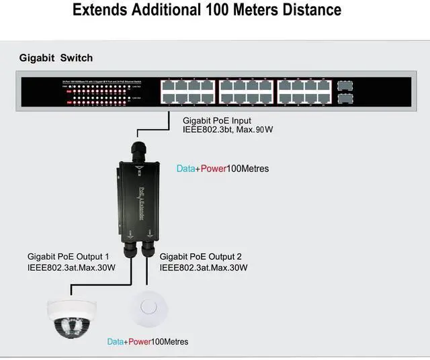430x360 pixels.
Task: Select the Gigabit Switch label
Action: tap(56, 58)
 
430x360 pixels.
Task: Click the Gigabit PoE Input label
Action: tap(217, 121)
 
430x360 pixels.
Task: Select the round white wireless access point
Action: tap(149, 310)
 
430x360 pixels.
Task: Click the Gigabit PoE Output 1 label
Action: tap(68, 257)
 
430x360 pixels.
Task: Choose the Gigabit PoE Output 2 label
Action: tap(201, 257)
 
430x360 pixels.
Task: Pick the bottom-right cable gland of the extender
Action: tap(146, 250)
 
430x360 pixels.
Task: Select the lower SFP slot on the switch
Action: tap(346, 99)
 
